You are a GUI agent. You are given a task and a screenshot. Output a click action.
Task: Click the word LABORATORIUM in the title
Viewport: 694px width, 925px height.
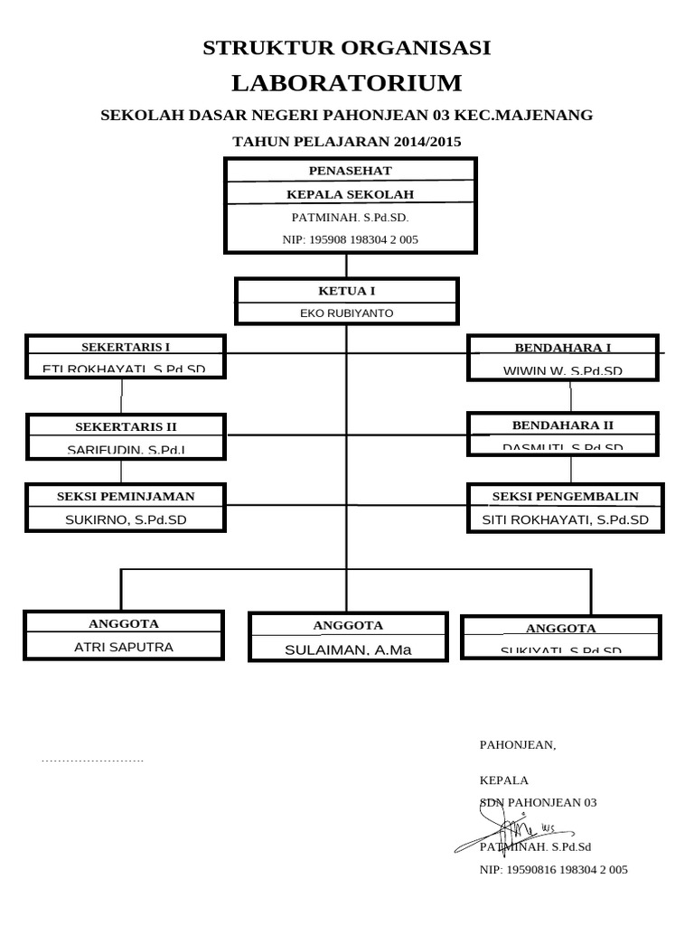(x=346, y=84)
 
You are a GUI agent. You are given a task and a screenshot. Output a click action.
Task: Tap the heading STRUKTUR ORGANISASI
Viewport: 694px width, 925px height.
(x=347, y=49)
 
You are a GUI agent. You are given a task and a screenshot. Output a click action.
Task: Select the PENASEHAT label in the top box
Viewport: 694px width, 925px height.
(x=350, y=171)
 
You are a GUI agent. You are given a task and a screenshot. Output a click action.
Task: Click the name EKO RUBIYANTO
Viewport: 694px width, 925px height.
(x=346, y=313)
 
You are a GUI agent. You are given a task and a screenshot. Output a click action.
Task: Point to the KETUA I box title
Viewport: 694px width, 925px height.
(x=346, y=291)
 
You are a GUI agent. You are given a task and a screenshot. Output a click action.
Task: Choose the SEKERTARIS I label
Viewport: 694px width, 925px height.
(x=126, y=347)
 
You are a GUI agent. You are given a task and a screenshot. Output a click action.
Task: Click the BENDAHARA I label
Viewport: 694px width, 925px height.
(x=562, y=348)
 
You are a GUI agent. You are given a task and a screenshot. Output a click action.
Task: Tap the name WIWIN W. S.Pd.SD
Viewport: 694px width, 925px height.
(x=562, y=370)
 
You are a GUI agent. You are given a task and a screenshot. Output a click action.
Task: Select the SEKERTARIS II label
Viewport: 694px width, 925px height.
(x=126, y=426)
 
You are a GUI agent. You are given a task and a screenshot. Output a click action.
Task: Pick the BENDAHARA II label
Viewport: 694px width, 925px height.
(x=562, y=425)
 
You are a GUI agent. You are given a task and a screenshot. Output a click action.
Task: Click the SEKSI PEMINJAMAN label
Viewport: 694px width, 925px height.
(x=126, y=496)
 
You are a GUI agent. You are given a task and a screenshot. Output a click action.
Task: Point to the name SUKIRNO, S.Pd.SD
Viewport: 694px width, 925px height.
(x=126, y=519)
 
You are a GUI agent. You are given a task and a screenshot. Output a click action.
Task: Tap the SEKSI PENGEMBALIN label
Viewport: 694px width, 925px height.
(x=565, y=496)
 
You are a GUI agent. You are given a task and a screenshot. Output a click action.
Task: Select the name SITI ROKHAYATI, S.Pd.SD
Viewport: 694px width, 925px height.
(x=565, y=519)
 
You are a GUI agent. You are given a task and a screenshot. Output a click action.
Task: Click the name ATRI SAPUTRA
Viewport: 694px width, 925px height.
(x=124, y=647)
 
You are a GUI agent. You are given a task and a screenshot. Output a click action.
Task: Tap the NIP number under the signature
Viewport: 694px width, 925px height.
(x=553, y=870)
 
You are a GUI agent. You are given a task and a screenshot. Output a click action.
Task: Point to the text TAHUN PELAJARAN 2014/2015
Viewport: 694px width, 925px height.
(x=347, y=142)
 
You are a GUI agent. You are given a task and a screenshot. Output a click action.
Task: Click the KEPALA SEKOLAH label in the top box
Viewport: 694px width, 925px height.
(x=350, y=194)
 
